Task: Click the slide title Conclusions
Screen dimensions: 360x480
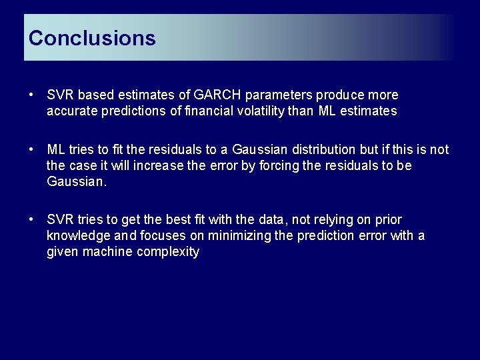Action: pos(92,38)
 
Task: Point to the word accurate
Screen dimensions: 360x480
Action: pos(72,111)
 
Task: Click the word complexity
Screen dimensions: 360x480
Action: pos(168,251)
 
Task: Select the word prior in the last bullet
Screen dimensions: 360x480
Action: pos(388,219)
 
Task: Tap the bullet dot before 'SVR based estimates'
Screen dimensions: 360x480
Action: pos(32,95)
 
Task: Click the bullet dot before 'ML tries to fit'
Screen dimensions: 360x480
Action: pos(32,149)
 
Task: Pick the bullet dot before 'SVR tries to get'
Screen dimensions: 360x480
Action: pos(32,219)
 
